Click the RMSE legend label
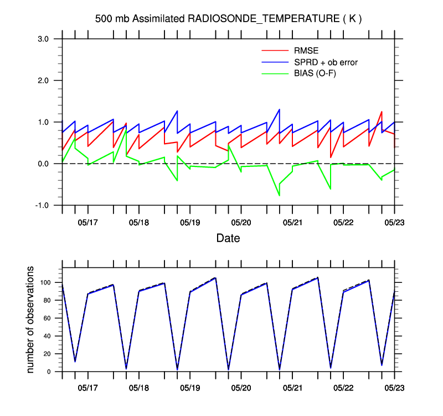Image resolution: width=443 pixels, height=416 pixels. tap(306, 52)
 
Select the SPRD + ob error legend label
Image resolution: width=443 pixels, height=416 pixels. tap(326, 63)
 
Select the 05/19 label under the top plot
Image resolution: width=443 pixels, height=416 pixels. tap(190, 222)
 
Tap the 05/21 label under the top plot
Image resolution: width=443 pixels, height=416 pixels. tap(292, 222)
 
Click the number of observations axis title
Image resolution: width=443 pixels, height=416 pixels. tap(31, 319)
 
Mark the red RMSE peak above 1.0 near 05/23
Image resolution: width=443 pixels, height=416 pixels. tap(382, 112)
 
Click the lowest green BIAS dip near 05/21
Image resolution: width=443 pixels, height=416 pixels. tap(279, 195)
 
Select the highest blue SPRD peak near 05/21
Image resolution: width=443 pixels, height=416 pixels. tap(279, 109)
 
